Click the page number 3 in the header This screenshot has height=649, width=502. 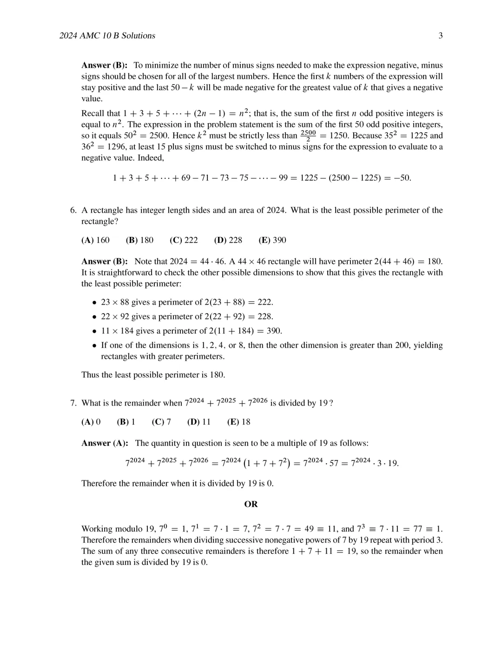pos(440,36)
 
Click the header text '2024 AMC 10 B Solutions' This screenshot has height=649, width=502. pos(107,36)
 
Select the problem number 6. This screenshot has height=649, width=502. pos(73,210)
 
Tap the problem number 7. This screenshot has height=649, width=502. pos(73,403)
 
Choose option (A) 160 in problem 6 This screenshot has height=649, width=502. pos(95,240)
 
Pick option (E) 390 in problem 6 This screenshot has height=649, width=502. pos(272,240)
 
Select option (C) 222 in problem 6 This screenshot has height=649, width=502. pos(184,240)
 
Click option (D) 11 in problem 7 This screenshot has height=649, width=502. pos(199,422)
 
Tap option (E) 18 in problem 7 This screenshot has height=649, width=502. pos(238,422)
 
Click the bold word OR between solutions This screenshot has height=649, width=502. pos(251,504)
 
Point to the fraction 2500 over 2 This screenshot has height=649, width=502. pos(308,136)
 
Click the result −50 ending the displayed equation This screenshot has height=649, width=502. pos(402,178)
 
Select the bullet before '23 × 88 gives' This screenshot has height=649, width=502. pos(94,302)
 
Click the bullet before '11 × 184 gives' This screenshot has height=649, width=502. pos(94,331)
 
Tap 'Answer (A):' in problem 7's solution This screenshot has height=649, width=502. pos(105,443)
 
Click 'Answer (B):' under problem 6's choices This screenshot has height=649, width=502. pos(105,262)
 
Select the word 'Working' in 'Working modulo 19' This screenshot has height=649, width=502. pos(97,529)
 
